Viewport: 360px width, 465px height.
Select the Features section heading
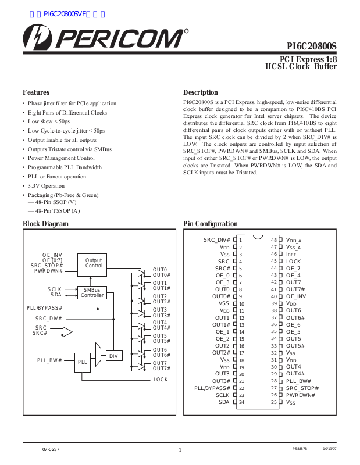point(36,92)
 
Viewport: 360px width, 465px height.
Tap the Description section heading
point(200,92)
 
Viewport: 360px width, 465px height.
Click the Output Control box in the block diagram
point(94,263)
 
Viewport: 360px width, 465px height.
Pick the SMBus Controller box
point(92,292)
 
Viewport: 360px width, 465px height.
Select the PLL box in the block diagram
point(83,362)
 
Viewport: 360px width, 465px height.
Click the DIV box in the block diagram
point(113,356)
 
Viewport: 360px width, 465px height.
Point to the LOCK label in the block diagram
point(161,379)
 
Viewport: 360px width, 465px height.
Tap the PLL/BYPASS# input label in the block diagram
point(44,307)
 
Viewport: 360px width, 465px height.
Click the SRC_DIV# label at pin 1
point(217,240)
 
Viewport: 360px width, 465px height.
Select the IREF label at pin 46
point(291,254)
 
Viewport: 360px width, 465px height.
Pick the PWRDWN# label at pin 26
point(300,395)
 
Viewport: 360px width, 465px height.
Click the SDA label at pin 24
point(224,402)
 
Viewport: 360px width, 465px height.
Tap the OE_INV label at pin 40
point(296,296)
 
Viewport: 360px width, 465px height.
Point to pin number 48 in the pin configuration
point(273,240)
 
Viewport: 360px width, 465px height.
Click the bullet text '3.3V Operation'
point(47,186)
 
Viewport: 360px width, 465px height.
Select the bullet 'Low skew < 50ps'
point(49,121)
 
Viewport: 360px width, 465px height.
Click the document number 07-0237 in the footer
point(51,450)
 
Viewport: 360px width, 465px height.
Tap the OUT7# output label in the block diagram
point(162,369)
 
